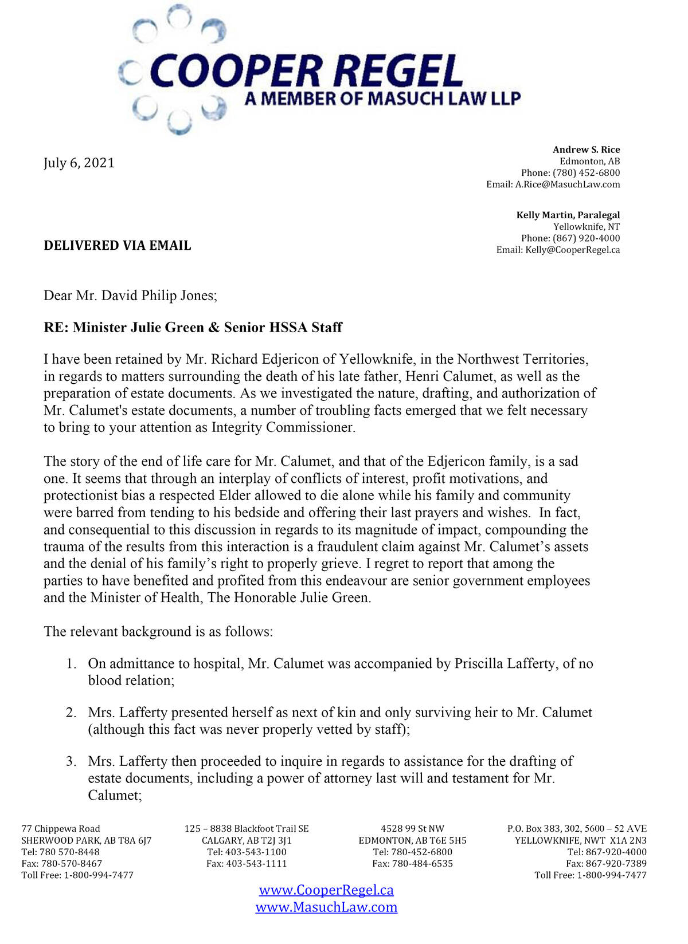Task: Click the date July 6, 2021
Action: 79,163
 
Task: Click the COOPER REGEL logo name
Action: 306,71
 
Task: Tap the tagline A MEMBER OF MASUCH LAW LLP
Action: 382,99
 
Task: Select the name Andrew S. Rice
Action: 586,150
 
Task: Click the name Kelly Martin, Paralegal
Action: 568,215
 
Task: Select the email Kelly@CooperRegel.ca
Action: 572,250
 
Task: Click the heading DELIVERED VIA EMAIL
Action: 118,246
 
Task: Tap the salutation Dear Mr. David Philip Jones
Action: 130,296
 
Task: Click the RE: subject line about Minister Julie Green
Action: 193,328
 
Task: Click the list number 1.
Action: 71,664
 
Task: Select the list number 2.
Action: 71,713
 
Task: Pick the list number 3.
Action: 71,761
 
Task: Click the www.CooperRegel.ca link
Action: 326,890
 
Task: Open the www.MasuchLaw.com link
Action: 326,907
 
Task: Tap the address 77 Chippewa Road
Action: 61,829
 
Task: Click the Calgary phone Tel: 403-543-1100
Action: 247,852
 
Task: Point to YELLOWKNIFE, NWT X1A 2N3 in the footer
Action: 580,840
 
